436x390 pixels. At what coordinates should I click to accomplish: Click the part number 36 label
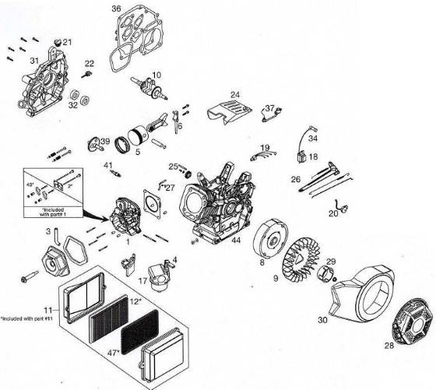click(x=117, y=9)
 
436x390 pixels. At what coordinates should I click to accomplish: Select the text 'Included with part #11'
click(x=34, y=318)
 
